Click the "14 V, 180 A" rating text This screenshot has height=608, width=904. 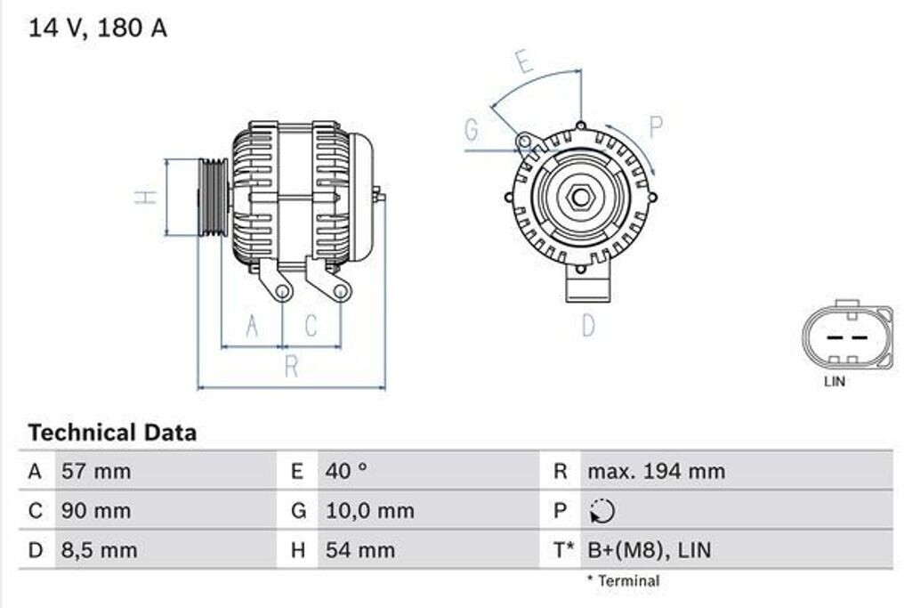[x=98, y=28]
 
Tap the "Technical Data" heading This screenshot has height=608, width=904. [x=112, y=432]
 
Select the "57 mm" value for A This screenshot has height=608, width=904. [x=96, y=471]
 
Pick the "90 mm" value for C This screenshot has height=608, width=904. [x=96, y=510]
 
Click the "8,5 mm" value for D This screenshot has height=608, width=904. [x=99, y=550]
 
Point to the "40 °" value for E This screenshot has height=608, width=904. [x=346, y=471]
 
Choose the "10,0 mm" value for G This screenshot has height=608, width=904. [x=370, y=510]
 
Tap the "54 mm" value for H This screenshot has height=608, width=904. [x=360, y=550]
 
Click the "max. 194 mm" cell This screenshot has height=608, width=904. [x=657, y=471]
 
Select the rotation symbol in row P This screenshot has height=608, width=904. [x=602, y=511]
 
